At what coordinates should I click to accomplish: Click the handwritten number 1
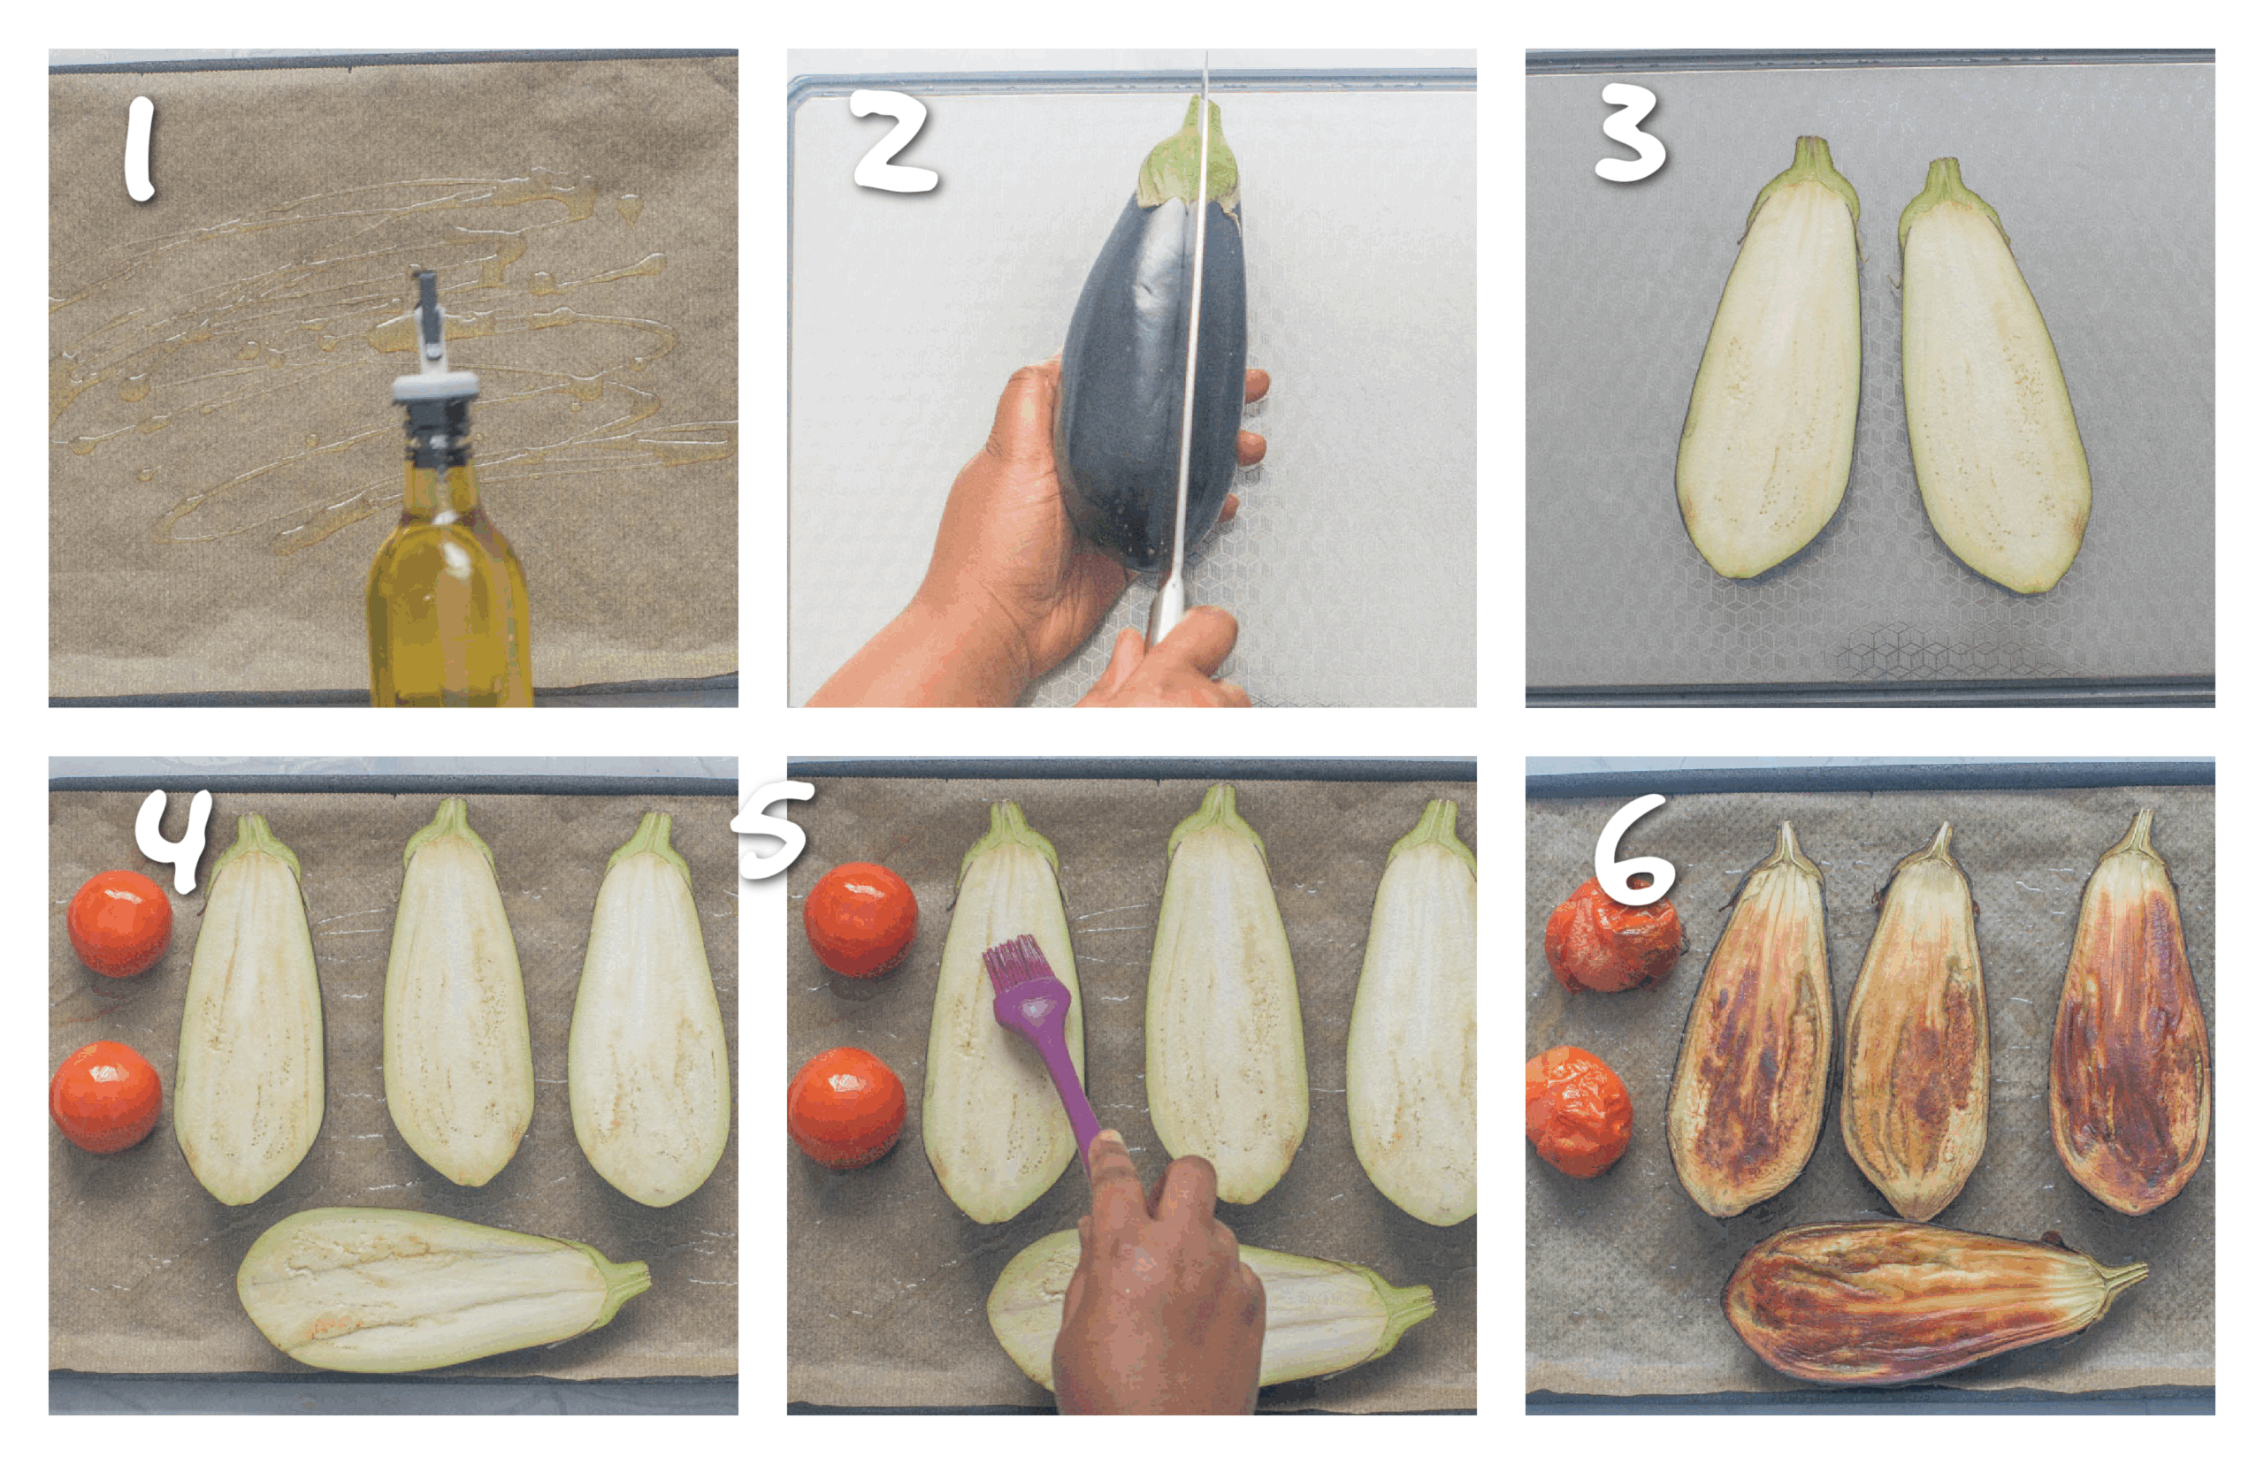click(140, 149)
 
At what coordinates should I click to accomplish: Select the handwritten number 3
click(1629, 133)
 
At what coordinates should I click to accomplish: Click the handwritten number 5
click(773, 829)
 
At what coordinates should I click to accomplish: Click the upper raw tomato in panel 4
click(119, 922)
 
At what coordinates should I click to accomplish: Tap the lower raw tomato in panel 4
click(105, 1096)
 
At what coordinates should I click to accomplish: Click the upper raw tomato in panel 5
click(860, 919)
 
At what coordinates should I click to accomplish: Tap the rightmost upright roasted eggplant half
click(2130, 1036)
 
